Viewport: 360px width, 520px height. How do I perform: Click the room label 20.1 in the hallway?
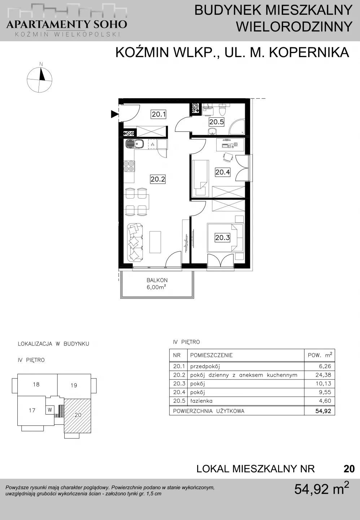coord(159,114)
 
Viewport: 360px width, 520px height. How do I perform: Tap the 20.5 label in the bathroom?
coord(217,122)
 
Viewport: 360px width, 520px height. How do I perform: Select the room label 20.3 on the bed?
coord(222,238)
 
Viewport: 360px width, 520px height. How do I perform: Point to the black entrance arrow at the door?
coord(114,114)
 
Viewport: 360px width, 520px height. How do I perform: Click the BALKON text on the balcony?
coord(157,280)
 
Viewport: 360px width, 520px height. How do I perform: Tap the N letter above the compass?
coord(41,64)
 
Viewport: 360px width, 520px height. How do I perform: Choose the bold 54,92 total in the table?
coord(323,411)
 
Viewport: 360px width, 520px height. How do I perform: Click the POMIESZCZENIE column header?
coord(212,355)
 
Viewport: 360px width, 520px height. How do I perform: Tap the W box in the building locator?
coord(50,410)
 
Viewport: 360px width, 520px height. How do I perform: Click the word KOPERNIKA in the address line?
coord(309,52)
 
